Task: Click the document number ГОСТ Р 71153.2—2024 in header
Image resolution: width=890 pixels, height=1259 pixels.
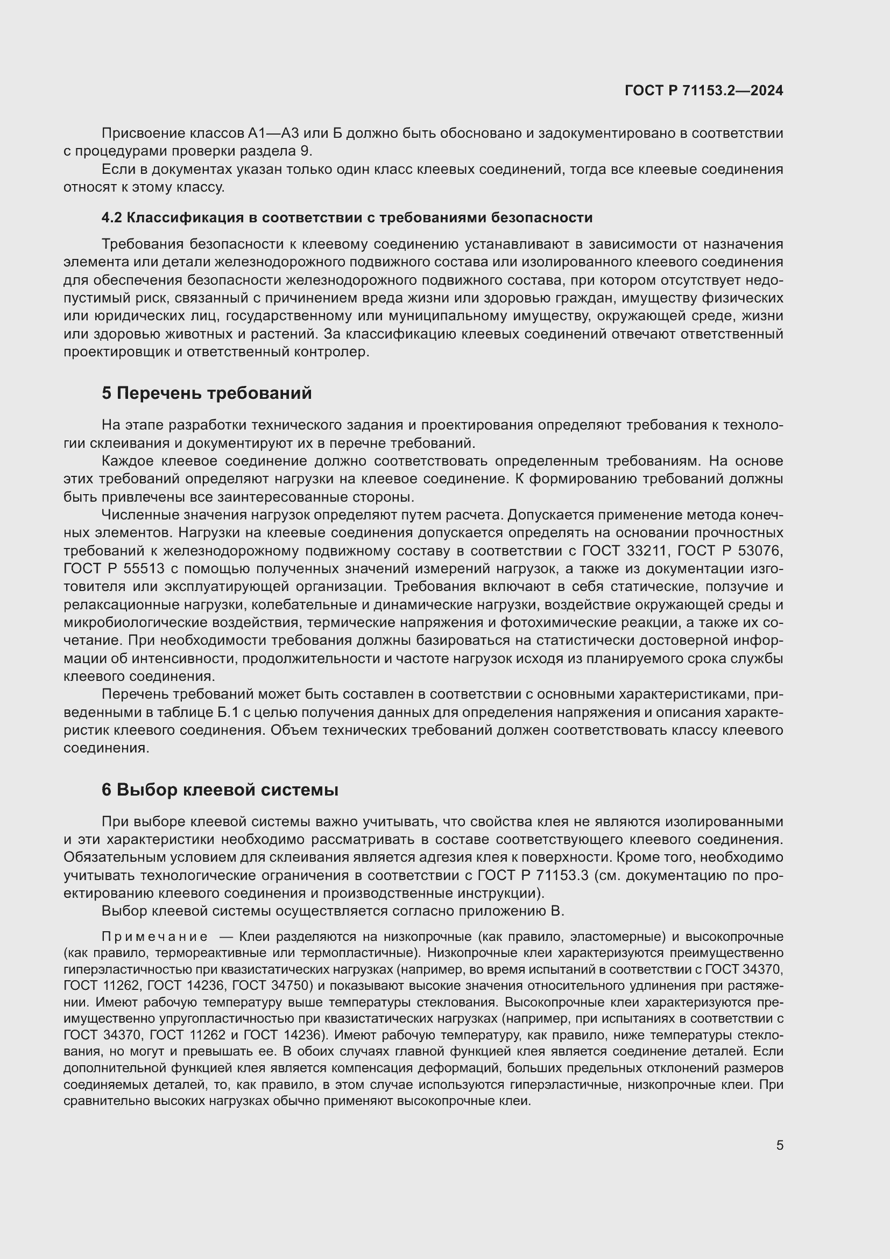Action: pyautogui.click(x=704, y=91)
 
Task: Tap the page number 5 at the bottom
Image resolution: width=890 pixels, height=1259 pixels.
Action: pyautogui.click(x=779, y=1145)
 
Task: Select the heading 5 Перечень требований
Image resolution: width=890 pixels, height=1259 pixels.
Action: pyautogui.click(x=207, y=393)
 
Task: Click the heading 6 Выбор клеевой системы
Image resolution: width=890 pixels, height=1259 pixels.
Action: pyautogui.click(x=220, y=790)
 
